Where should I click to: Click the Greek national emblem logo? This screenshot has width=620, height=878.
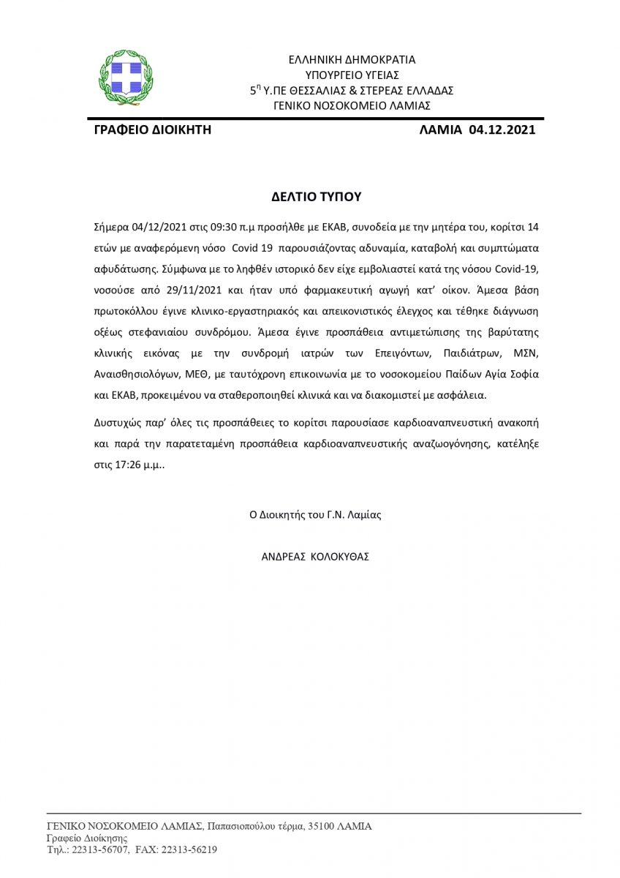126,75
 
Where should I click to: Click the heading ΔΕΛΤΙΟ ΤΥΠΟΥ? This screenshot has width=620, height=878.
316,197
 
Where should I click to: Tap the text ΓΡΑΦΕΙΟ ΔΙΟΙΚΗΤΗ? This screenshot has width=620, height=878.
153,130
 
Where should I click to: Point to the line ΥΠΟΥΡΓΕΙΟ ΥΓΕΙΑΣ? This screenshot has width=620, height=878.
352,75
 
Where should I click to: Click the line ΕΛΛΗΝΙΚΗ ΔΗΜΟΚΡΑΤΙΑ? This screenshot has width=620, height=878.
352,59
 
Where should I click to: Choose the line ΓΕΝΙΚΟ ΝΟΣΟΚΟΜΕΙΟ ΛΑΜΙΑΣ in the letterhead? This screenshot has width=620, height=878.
352,105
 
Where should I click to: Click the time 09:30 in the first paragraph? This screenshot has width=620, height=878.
214,226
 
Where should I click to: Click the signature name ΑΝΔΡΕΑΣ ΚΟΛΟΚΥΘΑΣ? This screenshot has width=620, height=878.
315,556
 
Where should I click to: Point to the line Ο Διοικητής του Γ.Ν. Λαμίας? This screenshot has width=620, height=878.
315,514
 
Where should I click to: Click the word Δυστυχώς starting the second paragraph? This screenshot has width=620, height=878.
118,422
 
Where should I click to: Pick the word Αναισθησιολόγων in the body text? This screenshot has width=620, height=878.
135,373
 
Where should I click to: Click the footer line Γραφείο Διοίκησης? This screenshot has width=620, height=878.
87,838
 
